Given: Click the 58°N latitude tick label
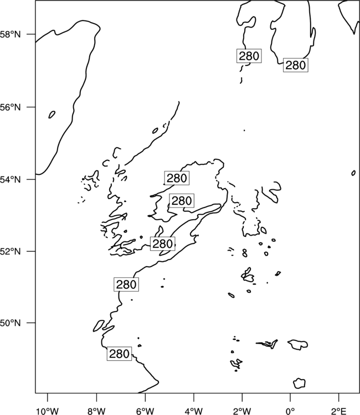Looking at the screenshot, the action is click(10, 34).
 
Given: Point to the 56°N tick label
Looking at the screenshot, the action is click(10, 107).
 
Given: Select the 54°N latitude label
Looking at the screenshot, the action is click(10, 179).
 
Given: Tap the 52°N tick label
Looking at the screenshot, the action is click(10, 251).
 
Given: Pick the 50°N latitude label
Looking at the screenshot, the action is click(10, 323).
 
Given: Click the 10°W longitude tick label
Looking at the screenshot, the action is click(47, 411).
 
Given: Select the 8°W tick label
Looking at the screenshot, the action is click(96, 411).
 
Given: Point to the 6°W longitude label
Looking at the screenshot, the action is click(145, 411).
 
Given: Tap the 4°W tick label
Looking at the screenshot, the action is click(194, 411).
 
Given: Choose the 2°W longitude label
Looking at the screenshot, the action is click(242, 411).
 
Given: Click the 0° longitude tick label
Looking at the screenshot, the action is click(290, 411).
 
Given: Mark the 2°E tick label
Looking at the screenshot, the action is click(339, 411).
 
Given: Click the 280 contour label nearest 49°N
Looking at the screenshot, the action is click(119, 354).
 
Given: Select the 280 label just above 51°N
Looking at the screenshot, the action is click(126, 284).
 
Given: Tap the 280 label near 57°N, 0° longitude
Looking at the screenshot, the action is click(296, 65).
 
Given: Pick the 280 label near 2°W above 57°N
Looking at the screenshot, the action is click(249, 56).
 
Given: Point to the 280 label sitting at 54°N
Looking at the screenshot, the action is click(177, 178).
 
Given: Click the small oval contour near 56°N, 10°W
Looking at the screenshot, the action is click(52, 115).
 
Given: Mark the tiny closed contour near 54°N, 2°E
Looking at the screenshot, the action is click(353, 173).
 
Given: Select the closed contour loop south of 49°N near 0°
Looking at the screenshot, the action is click(299, 383).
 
